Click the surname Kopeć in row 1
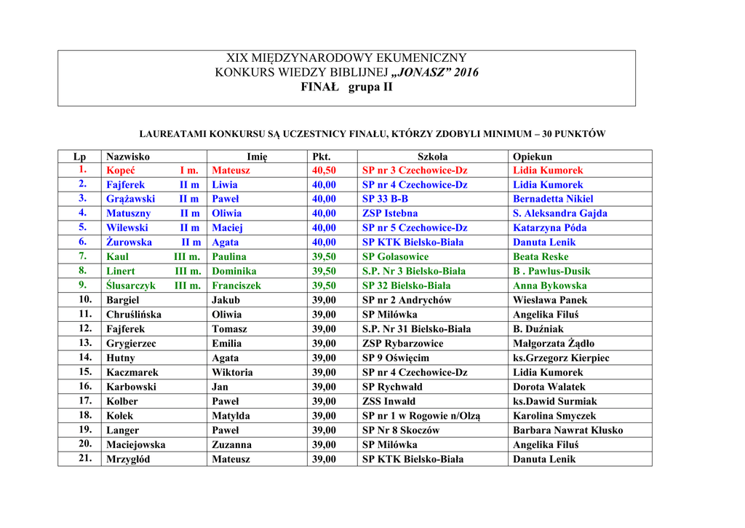click(121, 170)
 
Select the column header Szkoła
click(432, 157)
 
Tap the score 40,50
click(324, 170)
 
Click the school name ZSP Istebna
click(390, 213)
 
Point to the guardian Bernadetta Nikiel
click(553, 199)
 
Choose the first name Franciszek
click(236, 285)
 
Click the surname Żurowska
click(129, 243)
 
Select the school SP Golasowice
click(395, 256)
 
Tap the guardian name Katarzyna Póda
click(549, 228)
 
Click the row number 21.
click(85, 458)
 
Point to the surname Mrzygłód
click(128, 459)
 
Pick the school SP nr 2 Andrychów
click(407, 300)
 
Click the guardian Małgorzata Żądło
click(554, 343)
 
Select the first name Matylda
click(231, 416)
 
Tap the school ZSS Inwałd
click(389, 401)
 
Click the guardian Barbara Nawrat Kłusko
click(567, 430)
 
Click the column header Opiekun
click(533, 157)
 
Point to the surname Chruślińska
click(134, 315)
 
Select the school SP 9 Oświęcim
click(396, 358)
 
